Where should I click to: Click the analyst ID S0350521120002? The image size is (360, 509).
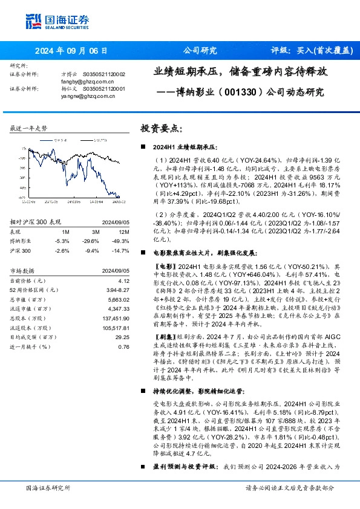coord(103,74)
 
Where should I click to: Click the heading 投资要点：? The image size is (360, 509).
coord(161,129)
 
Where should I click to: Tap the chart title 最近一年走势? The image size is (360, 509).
coord(29,129)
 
